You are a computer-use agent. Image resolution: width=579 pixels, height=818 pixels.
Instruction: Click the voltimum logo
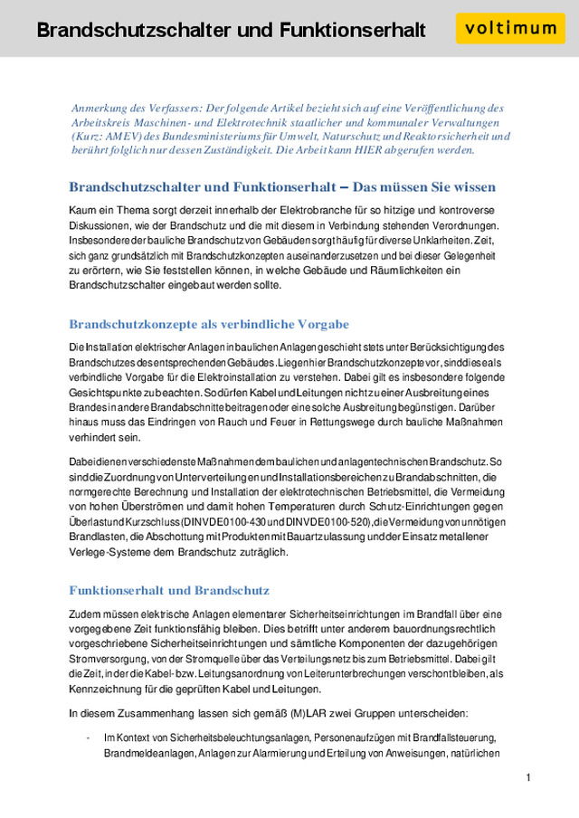(510, 28)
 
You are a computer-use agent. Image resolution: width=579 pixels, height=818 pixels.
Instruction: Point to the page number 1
(528, 777)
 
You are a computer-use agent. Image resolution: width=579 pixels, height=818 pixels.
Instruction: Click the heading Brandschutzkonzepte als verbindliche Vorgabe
(209, 324)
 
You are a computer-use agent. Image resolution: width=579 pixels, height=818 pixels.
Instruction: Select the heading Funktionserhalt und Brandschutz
(169, 590)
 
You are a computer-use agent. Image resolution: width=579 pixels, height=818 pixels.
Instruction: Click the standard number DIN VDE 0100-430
(227, 522)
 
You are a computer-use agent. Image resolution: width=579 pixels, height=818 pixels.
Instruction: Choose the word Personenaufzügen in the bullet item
(370, 738)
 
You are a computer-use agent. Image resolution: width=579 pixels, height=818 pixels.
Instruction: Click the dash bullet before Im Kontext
(88, 738)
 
